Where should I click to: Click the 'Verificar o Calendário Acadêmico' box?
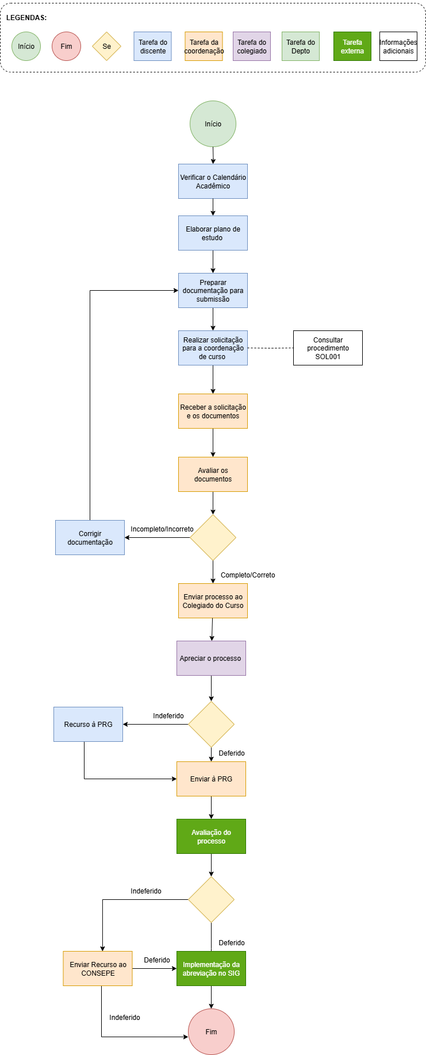[213, 182]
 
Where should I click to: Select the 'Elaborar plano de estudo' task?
[213, 233]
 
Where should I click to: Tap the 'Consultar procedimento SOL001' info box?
[328, 348]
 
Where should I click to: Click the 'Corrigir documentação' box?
[90, 538]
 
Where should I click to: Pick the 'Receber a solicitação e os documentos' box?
[213, 411]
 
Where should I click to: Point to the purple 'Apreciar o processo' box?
[211, 659]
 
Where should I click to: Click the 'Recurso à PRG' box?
[88, 725]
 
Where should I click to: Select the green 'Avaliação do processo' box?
[211, 837]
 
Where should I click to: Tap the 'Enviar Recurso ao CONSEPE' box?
[98, 969]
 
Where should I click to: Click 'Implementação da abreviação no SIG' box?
[211, 969]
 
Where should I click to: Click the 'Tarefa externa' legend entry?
[352, 47]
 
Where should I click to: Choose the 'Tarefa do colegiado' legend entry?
[252, 47]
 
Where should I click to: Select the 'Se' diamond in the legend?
[106, 47]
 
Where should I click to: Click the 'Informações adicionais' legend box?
[398, 47]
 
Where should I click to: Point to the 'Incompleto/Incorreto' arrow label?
[162, 529]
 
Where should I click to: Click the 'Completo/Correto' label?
[248, 575]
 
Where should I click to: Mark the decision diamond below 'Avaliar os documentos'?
[213, 538]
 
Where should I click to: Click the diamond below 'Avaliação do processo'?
[211, 900]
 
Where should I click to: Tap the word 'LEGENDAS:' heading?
[26, 18]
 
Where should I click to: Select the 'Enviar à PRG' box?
[211, 779]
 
